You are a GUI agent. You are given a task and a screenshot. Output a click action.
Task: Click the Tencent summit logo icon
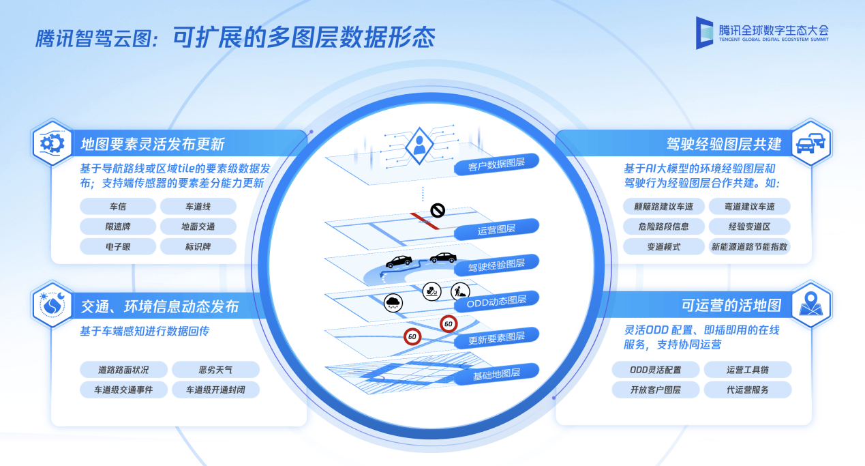click(x=704, y=33)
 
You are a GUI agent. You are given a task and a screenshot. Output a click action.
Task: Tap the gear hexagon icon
click(x=52, y=143)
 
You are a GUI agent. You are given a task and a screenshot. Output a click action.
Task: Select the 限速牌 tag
click(x=118, y=227)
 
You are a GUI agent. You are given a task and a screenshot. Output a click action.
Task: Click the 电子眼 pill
click(x=118, y=246)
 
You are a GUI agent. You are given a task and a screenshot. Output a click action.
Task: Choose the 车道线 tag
click(x=198, y=206)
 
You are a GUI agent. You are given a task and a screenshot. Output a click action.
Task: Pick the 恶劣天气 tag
click(x=215, y=370)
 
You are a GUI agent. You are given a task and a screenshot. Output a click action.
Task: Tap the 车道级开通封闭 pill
click(x=215, y=390)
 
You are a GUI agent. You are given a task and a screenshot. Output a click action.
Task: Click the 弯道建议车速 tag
click(x=749, y=206)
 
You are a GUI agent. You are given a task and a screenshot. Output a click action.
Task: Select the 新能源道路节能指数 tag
click(x=749, y=246)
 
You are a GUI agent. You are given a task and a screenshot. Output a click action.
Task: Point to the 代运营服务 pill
click(x=748, y=390)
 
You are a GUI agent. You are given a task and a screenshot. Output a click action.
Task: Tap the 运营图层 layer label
click(x=496, y=229)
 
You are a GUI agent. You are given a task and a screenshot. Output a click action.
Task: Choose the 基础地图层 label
click(x=496, y=374)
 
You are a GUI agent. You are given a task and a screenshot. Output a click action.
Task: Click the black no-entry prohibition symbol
click(x=438, y=210)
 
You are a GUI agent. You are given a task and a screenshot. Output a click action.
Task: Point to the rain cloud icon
click(x=393, y=302)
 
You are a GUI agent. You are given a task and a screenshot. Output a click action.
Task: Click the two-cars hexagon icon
click(x=811, y=143)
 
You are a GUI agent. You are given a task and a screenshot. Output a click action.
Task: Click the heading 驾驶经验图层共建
click(x=724, y=144)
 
